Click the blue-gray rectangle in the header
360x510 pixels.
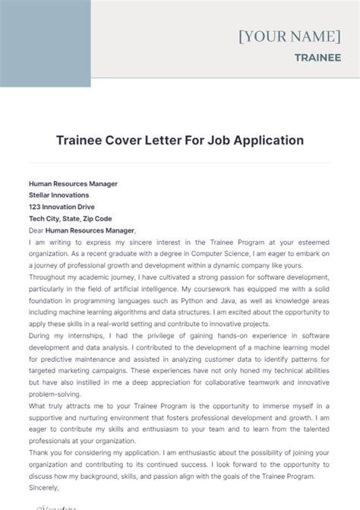[46, 43]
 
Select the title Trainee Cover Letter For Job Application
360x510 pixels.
[180, 140]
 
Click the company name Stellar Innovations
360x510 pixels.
[58, 195]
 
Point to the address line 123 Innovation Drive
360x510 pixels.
[62, 206]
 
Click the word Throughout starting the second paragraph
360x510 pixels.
[48, 277]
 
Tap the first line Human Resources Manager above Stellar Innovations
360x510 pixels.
[73, 183]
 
